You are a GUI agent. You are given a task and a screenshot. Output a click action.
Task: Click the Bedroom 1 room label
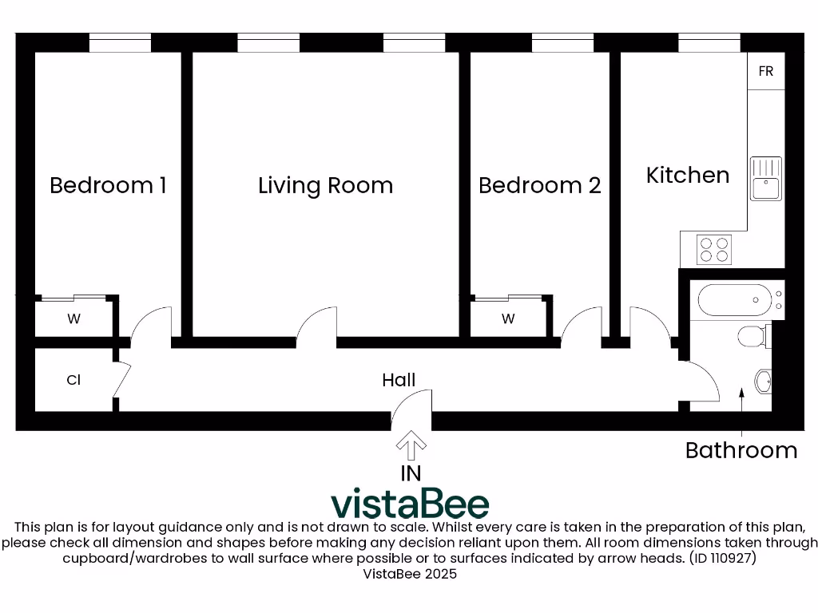click(x=108, y=185)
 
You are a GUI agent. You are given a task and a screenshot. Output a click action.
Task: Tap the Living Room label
click(x=325, y=186)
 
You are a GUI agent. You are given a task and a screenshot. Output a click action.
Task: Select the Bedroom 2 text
click(x=539, y=186)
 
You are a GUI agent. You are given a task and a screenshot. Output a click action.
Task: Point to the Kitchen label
click(x=687, y=176)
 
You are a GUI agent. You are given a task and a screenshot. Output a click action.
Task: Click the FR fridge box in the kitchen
click(x=765, y=71)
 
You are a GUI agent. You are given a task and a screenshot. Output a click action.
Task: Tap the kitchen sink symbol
click(x=765, y=179)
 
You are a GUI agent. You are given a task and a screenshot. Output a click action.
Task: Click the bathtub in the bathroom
click(x=736, y=301)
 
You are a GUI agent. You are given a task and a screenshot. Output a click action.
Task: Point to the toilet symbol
click(x=753, y=336)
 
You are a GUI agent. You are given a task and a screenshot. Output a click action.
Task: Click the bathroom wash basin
click(x=764, y=382)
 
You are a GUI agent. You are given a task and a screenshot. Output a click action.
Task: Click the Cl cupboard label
click(x=73, y=381)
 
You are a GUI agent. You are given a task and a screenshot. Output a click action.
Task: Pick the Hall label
click(x=399, y=380)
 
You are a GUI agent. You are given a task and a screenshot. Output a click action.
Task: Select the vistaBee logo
click(x=410, y=503)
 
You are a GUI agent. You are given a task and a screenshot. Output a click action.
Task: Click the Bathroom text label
click(x=741, y=450)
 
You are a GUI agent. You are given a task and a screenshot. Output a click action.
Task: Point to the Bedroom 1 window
click(x=120, y=44)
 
